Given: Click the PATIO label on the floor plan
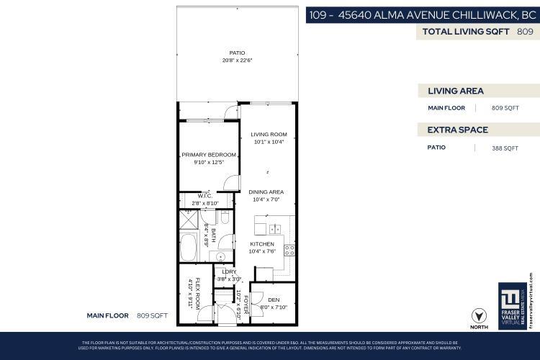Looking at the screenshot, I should tap(237, 53).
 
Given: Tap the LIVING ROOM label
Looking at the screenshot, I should tap(269, 135).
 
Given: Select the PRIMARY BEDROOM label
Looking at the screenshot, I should tap(209, 155).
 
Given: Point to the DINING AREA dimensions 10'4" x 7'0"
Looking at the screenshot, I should tap(266, 199).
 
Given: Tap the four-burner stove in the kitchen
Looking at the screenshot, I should tap(289, 251).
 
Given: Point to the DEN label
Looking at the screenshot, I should tap(273, 300).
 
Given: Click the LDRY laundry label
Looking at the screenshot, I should tap(229, 271).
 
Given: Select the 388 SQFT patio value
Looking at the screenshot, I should tap(505, 148).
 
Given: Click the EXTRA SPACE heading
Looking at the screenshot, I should tap(458, 130).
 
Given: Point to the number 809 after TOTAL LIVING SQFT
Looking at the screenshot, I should tap(525, 32).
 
